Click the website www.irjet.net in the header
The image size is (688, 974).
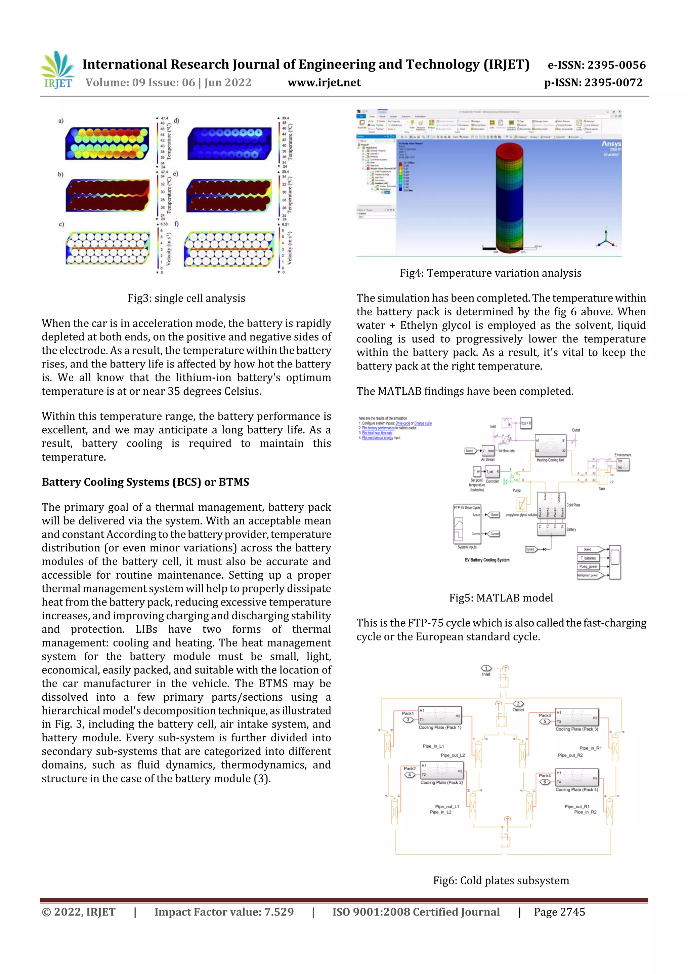pyautogui.click(x=324, y=82)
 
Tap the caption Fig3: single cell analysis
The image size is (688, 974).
pyautogui.click(x=186, y=298)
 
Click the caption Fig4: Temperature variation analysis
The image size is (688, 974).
pyautogui.click(x=490, y=273)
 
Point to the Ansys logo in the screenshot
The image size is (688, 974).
pyautogui.click(x=611, y=144)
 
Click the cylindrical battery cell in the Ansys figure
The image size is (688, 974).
pyautogui.click(x=509, y=197)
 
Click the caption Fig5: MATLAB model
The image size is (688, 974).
pyautogui.click(x=501, y=598)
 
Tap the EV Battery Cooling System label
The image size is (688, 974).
pyautogui.click(x=487, y=560)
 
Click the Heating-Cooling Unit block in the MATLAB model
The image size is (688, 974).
pyautogui.click(x=551, y=446)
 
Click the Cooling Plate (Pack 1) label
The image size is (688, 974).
pyautogui.click(x=440, y=727)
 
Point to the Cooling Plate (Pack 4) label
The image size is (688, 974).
pyautogui.click(x=576, y=789)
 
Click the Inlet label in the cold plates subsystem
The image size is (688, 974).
pyautogui.click(x=486, y=674)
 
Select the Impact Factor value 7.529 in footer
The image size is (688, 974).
pyautogui.click(x=224, y=912)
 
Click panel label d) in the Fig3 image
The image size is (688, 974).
pyautogui.click(x=176, y=120)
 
